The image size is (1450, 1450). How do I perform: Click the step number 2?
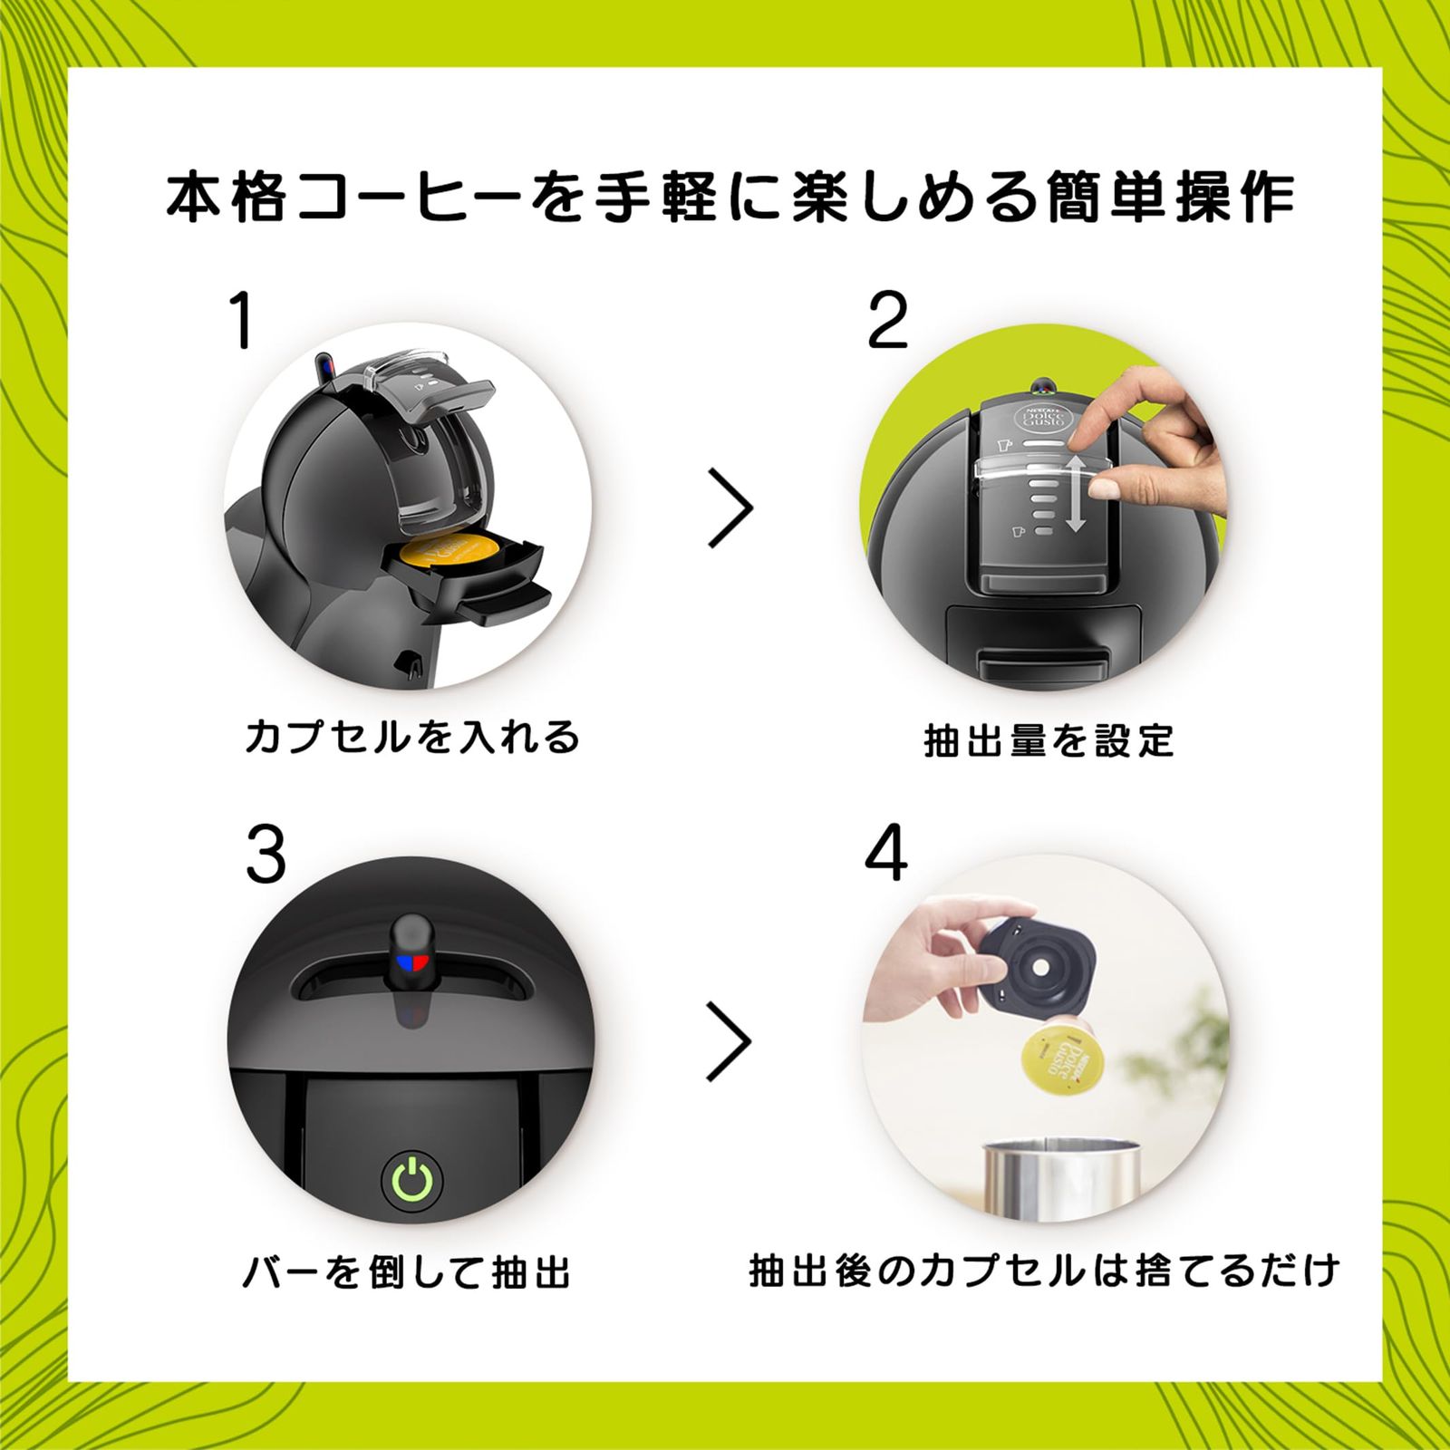(887, 323)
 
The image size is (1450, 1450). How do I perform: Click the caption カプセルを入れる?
(412, 737)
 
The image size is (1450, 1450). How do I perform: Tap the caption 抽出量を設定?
(1049, 741)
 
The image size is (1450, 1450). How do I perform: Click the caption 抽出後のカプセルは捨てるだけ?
(1044, 1271)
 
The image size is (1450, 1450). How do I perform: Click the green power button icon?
(413, 1180)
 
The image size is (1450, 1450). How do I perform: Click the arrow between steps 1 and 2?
(730, 507)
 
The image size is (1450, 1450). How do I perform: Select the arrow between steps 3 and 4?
(730, 1040)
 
